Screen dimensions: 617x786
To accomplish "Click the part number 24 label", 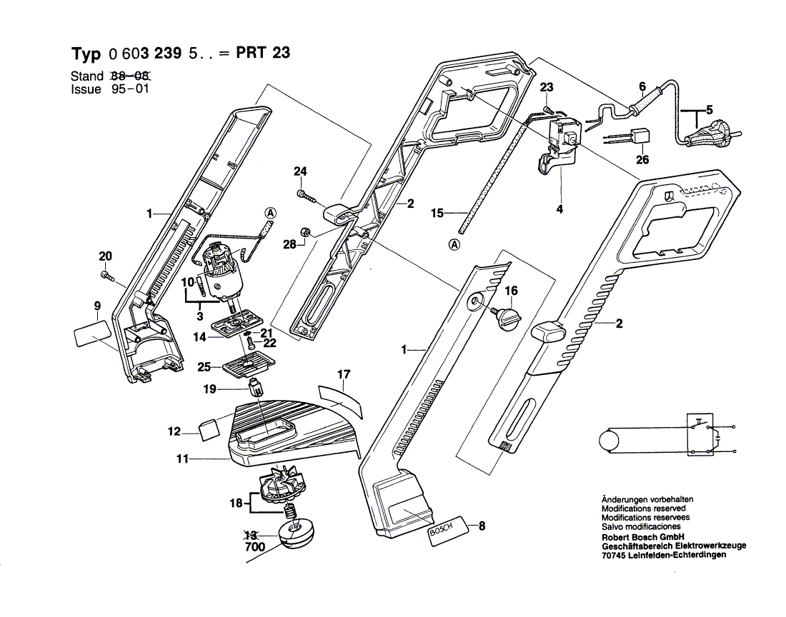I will pyautogui.click(x=300, y=171).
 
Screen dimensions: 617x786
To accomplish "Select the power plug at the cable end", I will pyautogui.click(x=711, y=134).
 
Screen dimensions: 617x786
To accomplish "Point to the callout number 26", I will pyautogui.click(x=642, y=159).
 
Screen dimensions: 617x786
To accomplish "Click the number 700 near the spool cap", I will pyautogui.click(x=254, y=547).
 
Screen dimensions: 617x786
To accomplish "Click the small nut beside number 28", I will pyautogui.click(x=304, y=231).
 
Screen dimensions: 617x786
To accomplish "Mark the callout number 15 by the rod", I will pyautogui.click(x=437, y=212).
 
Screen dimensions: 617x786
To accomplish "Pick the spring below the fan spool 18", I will pyautogui.click(x=290, y=511).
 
